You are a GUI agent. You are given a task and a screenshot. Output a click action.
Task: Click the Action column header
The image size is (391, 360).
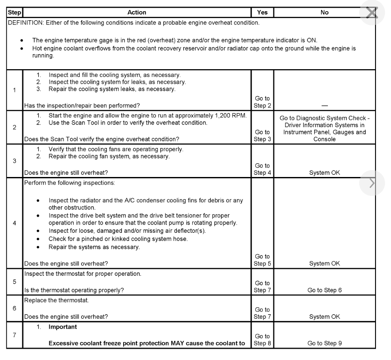pyautogui.click(x=137, y=12)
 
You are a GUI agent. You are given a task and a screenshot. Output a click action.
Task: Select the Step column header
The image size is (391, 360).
pyautogui.click(x=14, y=12)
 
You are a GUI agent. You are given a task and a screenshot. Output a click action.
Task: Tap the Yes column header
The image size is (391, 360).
pyautogui.click(x=262, y=12)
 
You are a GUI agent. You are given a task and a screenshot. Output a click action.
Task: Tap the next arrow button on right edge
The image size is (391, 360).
pyautogui.click(x=372, y=183)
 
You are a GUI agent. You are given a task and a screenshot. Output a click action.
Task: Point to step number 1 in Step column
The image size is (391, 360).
pyautogui.click(x=14, y=90)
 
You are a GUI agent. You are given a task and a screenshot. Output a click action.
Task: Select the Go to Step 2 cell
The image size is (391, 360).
pyautogui.click(x=262, y=102)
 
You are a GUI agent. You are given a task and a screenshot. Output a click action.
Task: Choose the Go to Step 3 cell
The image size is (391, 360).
pyautogui.click(x=262, y=135)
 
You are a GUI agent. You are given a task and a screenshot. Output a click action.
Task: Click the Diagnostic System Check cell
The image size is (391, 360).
pyautogui.click(x=324, y=128)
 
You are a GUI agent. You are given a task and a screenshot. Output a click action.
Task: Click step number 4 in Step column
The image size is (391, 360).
pyautogui.click(x=14, y=223)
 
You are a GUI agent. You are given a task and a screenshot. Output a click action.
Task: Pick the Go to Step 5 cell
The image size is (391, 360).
pyautogui.click(x=262, y=260)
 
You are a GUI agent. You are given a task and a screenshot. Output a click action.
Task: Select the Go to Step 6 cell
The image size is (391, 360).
pyautogui.click(x=324, y=290)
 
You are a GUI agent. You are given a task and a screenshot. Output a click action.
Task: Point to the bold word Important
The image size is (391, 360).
pyautogui.click(x=63, y=326)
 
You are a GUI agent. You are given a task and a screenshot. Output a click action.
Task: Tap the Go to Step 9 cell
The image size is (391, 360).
pyautogui.click(x=324, y=343)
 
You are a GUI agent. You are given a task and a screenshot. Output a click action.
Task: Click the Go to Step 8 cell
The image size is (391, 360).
pyautogui.click(x=262, y=339)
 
